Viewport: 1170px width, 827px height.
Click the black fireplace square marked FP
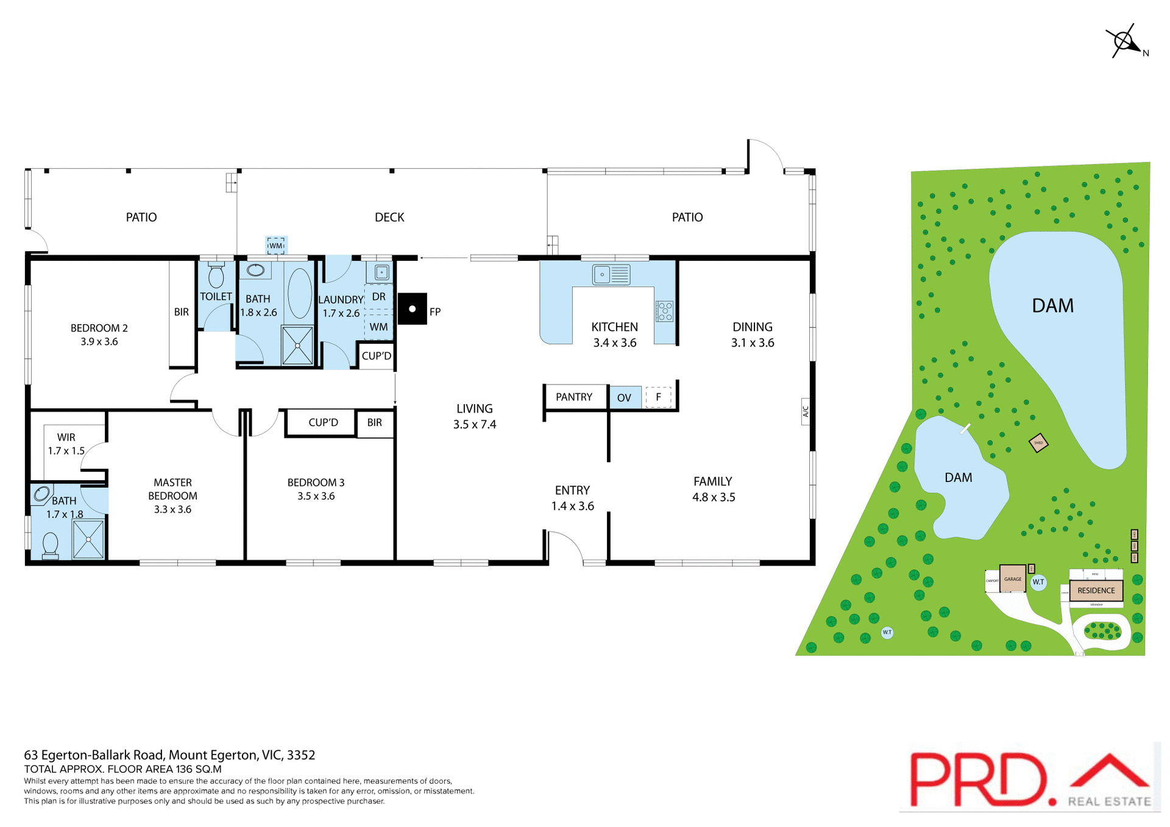412,309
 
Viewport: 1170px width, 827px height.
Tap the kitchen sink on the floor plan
611,275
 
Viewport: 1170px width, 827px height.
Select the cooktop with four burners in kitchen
664,311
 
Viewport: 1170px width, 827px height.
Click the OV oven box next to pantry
624,398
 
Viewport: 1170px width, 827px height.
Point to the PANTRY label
573,397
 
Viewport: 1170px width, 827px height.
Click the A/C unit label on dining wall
805,411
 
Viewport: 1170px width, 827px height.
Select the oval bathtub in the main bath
299,293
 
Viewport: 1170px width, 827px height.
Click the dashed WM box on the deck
276,246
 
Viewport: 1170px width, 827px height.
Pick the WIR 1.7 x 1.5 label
66,444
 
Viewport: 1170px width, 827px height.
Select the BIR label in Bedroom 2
181,312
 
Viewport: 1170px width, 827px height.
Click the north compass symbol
1124,41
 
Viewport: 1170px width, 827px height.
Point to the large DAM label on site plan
1052,306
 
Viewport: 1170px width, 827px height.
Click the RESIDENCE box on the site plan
1096,591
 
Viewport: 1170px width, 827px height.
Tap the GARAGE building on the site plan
1013,580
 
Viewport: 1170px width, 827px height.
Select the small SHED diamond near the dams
1038,443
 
